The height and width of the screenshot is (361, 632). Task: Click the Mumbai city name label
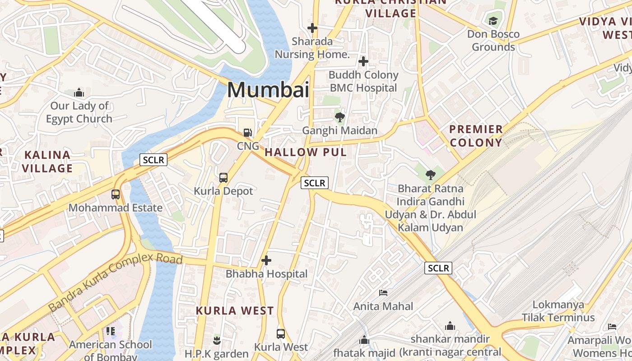coord(268,89)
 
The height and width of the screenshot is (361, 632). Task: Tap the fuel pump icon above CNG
coord(247,133)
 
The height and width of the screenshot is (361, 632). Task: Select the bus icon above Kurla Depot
coord(223,177)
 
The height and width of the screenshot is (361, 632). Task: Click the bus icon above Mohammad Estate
coord(116,194)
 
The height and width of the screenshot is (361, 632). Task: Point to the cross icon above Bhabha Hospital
coord(266,260)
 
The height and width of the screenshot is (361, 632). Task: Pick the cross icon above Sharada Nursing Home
coord(312,28)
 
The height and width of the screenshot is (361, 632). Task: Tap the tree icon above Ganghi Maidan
coord(340,117)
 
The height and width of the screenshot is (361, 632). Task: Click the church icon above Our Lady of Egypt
coord(79,93)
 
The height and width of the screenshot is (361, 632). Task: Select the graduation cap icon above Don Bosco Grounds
coord(493,21)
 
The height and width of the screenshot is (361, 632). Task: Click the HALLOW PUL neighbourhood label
coord(306,153)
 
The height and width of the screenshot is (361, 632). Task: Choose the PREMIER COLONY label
coord(476,136)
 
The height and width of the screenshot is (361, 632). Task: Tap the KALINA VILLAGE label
coord(47,162)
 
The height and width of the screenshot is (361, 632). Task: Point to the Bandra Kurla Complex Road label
coord(115,282)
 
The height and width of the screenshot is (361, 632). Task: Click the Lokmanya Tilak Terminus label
coord(558,311)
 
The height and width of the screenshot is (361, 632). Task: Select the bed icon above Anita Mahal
coord(383,293)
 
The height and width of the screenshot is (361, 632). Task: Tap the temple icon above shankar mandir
coord(450,326)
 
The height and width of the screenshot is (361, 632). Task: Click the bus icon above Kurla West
coord(281,334)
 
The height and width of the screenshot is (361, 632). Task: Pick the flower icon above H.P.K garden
coord(217,340)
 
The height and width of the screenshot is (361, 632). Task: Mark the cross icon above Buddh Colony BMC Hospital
coord(363,61)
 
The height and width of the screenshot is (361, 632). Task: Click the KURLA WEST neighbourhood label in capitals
coord(235,310)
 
